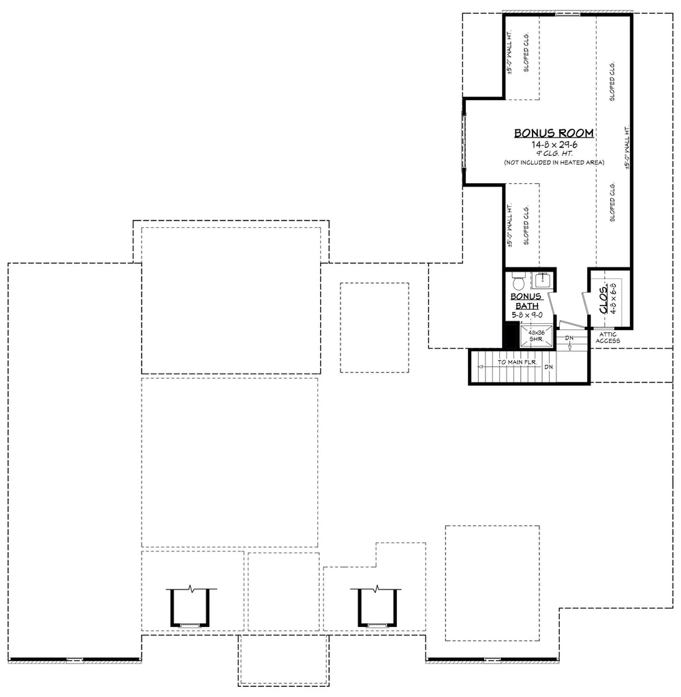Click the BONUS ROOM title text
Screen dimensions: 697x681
click(554, 133)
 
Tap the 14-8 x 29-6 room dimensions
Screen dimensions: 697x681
click(554, 144)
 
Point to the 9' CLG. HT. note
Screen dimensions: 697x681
click(554, 153)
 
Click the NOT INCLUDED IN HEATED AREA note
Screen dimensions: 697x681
click(554, 163)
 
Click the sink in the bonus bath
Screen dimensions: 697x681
click(543, 279)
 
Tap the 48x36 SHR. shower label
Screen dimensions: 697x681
click(535, 336)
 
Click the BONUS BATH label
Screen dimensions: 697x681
click(526, 301)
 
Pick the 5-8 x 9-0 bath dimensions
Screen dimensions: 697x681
click(526, 315)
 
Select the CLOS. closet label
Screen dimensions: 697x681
click(604, 299)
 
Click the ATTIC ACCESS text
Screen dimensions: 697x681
click(607, 338)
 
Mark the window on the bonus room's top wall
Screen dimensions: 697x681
click(567, 13)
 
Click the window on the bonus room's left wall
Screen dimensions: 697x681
click(465, 142)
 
